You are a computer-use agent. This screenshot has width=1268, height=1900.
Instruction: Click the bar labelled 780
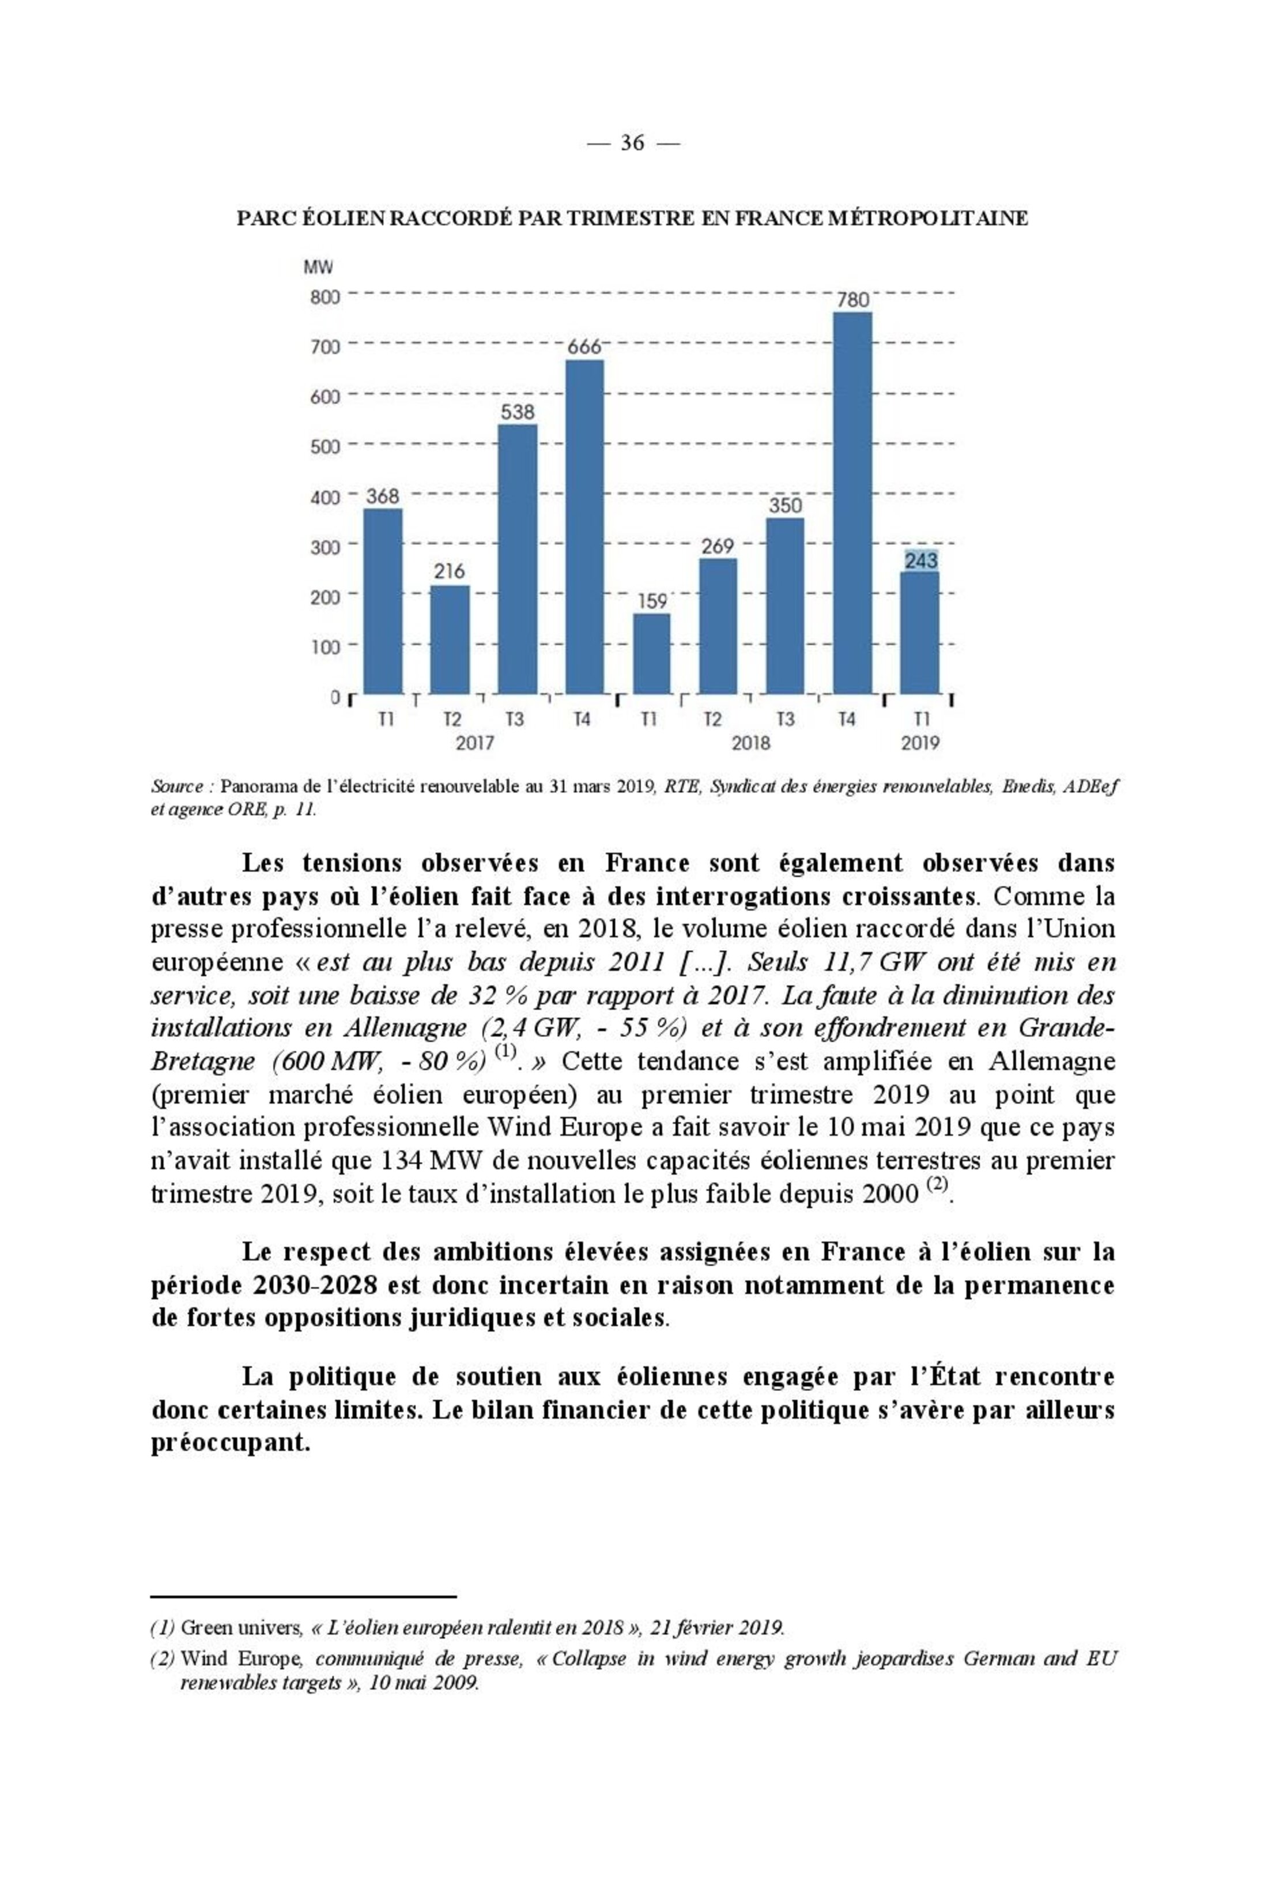[852, 502]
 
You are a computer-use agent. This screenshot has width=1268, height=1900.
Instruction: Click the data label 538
[518, 412]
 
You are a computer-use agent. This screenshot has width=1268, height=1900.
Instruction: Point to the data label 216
[450, 571]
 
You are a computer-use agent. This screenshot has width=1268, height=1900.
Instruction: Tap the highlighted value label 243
[920, 560]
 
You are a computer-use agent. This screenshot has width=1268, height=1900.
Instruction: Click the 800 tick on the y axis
[325, 297]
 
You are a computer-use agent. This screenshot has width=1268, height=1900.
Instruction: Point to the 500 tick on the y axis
[325, 446]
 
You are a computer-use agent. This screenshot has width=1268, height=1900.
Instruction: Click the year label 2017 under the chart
[475, 742]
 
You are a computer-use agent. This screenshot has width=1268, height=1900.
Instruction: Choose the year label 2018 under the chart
[751, 742]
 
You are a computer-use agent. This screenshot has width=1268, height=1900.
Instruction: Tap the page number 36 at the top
[632, 143]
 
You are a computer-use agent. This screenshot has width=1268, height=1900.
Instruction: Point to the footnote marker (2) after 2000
[935, 1184]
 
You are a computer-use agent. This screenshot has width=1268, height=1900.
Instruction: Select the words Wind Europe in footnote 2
[241, 1659]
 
